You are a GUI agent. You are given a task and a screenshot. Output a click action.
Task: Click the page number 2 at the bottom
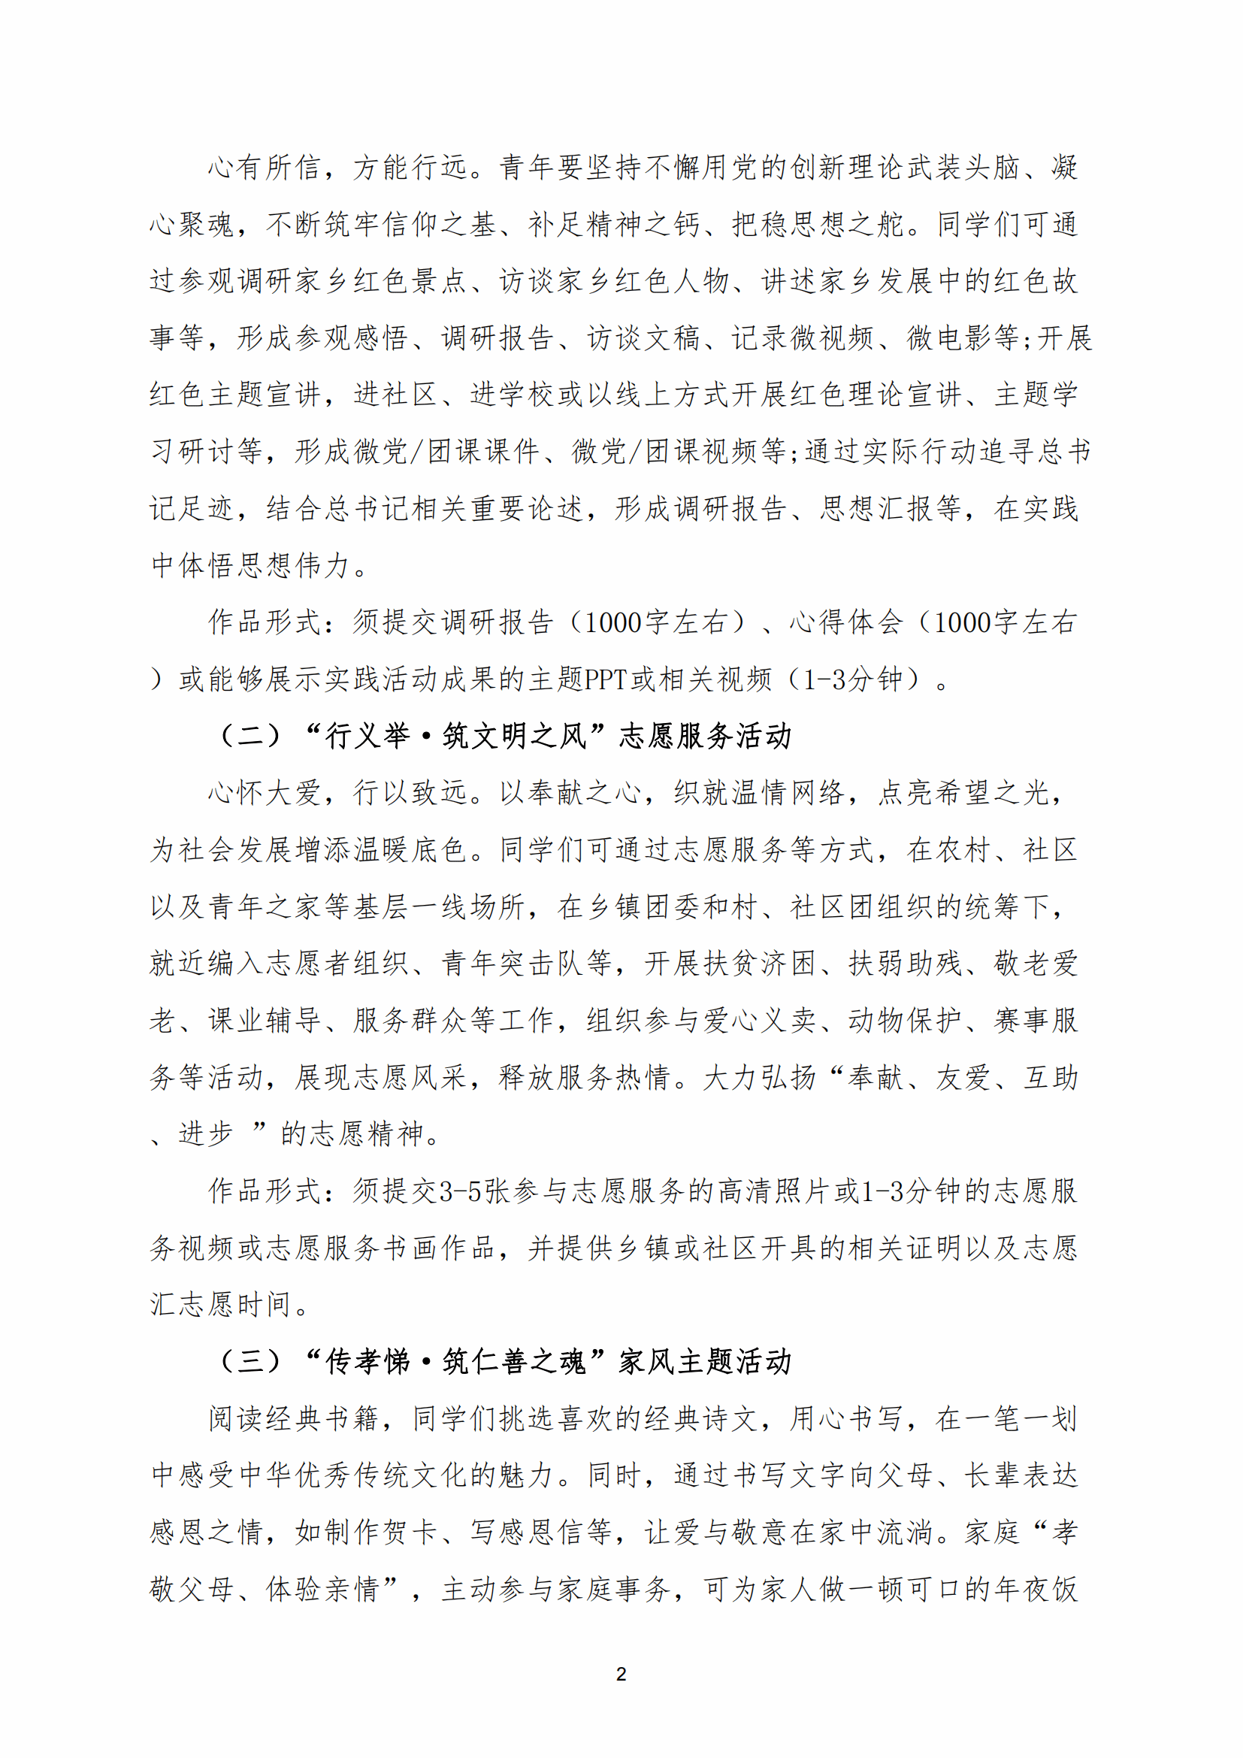(621, 1674)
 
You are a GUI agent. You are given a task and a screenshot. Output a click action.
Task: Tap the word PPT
(606, 679)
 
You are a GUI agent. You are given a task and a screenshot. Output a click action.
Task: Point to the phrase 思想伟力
(294, 565)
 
